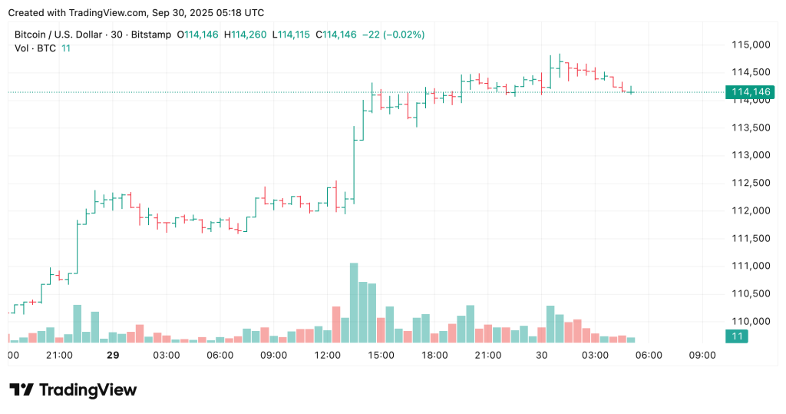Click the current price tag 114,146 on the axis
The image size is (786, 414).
tap(751, 92)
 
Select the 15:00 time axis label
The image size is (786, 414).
tap(381, 356)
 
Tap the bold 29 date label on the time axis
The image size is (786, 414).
tap(113, 356)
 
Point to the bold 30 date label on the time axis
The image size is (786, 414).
tap(541, 356)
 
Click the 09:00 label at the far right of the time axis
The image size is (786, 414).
tap(702, 356)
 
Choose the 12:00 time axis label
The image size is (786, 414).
tap(328, 356)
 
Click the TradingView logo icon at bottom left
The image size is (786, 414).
tap(21, 390)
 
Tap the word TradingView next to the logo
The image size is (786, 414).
tap(88, 390)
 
